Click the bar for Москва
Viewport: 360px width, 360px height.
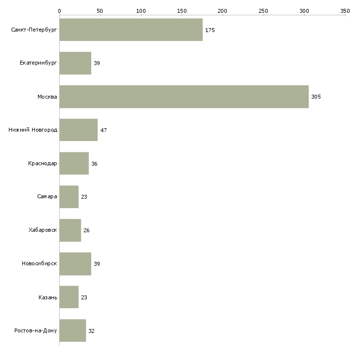184,97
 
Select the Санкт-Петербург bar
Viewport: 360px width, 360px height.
131,30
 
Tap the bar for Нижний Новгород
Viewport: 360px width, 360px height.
78,130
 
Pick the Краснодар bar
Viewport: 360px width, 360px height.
74,163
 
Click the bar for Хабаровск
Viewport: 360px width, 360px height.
70,230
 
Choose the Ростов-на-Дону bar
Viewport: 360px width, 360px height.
72,330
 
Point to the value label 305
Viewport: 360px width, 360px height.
316,97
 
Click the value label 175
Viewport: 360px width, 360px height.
210,30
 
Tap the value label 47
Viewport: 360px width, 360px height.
104,130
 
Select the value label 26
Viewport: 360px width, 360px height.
86,230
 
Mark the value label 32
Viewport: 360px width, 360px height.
91,331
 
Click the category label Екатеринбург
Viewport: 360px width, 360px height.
38,63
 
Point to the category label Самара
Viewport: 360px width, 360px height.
47,197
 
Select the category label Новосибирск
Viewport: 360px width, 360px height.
39,263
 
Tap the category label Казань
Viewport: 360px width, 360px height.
48,297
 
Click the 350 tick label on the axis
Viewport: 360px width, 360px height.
345,11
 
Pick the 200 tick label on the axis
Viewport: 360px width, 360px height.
222,11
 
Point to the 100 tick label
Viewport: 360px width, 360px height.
141,11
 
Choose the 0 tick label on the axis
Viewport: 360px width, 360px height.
60,11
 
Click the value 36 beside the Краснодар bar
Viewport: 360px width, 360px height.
94,164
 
